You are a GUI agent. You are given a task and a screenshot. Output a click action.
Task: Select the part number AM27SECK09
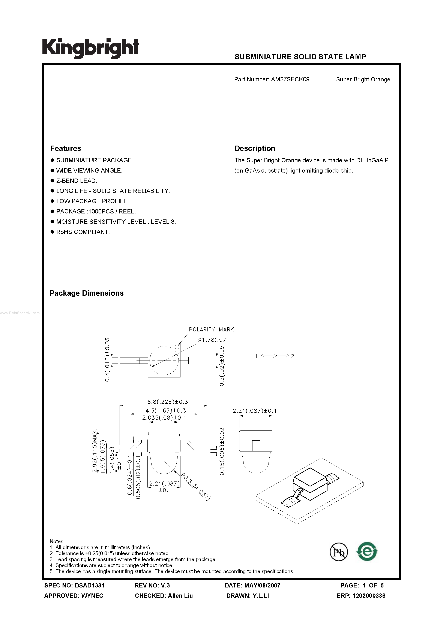click(x=290, y=79)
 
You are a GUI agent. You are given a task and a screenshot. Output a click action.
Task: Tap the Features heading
click(x=66, y=148)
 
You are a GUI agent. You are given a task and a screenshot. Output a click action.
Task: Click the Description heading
click(x=255, y=148)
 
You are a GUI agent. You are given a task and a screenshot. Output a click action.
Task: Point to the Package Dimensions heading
click(x=87, y=293)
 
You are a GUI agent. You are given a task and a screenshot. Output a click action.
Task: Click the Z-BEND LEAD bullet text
click(x=77, y=181)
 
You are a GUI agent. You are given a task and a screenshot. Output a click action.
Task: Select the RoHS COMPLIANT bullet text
click(x=83, y=232)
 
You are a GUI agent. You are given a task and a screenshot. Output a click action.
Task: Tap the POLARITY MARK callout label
click(x=211, y=329)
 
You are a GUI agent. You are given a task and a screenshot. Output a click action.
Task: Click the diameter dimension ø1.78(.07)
click(x=213, y=340)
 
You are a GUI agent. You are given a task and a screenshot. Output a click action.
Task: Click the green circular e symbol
click(x=367, y=551)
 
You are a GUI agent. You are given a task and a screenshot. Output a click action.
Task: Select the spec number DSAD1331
click(x=90, y=585)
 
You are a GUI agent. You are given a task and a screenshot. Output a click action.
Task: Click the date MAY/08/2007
click(x=262, y=585)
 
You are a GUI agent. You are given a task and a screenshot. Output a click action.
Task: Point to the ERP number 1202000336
click(x=369, y=596)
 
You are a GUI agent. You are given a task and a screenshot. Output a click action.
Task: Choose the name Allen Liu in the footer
click(x=180, y=596)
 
